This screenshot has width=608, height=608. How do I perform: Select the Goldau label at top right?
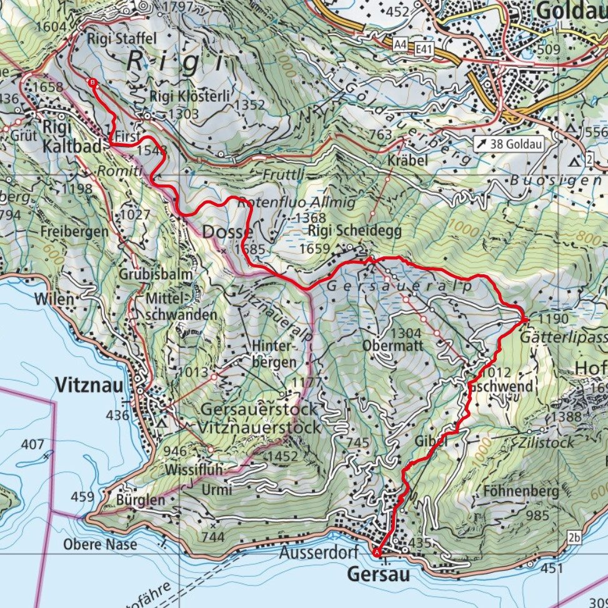[571, 11]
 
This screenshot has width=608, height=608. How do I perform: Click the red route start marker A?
[377, 552]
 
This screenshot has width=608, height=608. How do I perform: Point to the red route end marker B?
[92, 82]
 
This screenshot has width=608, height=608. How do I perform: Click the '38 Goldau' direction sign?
[507, 143]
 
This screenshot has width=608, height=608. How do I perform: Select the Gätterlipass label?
[571, 335]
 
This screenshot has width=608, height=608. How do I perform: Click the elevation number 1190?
[552, 320]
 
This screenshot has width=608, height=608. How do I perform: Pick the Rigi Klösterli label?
[190, 96]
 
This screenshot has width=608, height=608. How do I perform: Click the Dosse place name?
[227, 232]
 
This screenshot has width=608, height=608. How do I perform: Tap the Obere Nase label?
[100, 544]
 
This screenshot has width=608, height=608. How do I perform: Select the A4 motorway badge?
[401, 44]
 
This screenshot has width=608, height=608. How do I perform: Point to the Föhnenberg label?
[521, 491]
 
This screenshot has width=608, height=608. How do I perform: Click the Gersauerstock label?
[259, 410]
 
